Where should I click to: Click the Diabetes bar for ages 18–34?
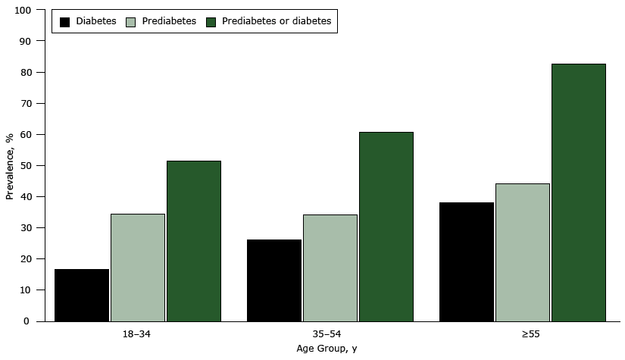tap(82, 295)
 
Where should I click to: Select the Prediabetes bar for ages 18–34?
tap(138, 268)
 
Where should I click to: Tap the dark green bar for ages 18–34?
tap(194, 241)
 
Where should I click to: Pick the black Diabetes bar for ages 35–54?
tap(274, 280)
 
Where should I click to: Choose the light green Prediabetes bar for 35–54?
tap(330, 268)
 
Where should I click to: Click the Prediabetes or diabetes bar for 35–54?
tap(386, 227)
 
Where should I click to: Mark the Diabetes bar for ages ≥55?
tap(467, 261)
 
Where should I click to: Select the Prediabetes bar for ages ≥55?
tap(523, 252)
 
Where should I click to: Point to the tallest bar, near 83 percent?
tap(579, 193)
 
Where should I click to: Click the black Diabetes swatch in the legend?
tap(64, 21)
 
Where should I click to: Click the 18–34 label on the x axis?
tap(137, 333)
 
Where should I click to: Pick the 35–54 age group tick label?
tap(330, 333)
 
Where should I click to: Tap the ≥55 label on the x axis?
tap(523, 333)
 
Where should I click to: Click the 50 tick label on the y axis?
tap(27, 166)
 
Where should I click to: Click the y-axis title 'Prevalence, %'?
tap(9, 166)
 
